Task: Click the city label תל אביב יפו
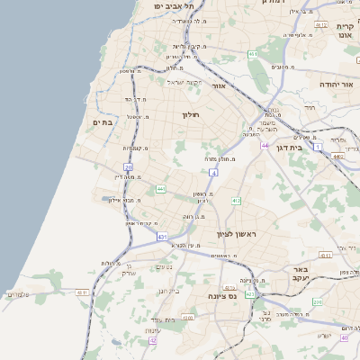162,6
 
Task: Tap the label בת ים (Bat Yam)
102,121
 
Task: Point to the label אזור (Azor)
219,85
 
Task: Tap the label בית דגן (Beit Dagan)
287,146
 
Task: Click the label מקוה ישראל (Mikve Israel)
186,83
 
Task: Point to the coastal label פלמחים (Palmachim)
18,294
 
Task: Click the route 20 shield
129,167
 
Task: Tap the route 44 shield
265,145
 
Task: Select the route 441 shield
161,189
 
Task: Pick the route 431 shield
163,236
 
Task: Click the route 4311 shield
82,292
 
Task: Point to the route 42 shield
153,341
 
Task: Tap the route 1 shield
317,146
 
